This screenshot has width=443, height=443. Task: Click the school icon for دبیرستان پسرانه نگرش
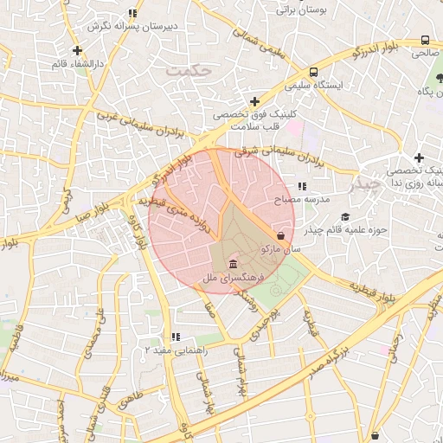(132, 13)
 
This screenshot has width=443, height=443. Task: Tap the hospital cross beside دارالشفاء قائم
(79, 50)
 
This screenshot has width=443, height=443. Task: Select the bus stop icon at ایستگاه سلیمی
(313, 72)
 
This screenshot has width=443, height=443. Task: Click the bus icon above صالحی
(425, 40)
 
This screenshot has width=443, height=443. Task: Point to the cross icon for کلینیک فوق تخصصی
(254, 101)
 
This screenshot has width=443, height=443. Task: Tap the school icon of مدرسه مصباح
(302, 186)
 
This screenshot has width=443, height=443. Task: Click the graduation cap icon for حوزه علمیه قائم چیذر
(345, 216)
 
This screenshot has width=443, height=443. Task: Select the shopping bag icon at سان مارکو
(281, 234)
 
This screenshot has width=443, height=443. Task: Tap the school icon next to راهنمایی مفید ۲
(176, 337)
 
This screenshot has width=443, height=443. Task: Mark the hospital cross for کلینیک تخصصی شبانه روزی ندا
(419, 157)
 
